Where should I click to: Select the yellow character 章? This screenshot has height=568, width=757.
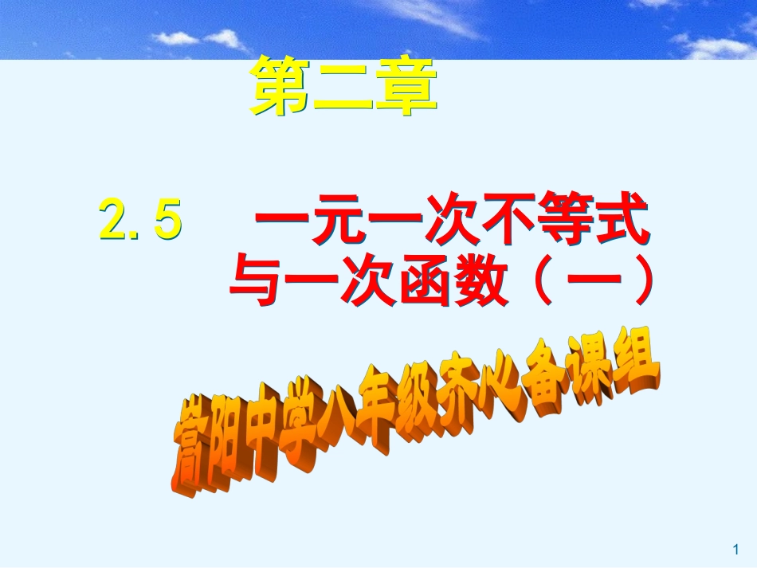pyautogui.click(x=407, y=88)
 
